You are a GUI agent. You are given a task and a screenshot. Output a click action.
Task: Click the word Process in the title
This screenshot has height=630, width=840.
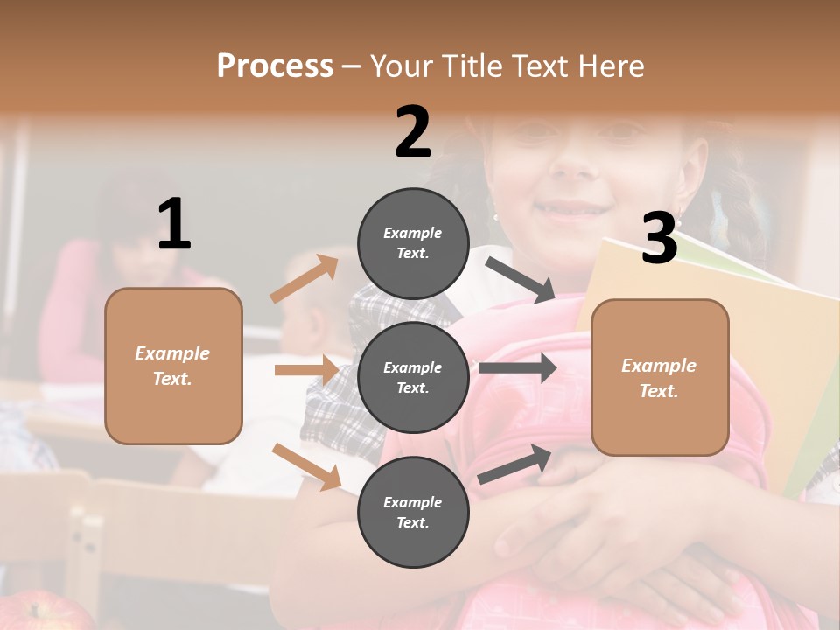275,66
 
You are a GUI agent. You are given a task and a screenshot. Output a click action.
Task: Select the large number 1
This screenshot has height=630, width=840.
174,225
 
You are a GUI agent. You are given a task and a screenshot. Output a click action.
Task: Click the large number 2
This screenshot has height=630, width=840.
413,132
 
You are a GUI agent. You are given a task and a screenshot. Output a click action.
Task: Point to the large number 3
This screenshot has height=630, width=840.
659,238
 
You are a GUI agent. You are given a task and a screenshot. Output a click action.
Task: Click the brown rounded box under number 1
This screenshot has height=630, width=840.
173,366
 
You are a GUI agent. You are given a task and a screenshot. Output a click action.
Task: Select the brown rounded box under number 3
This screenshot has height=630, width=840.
660,377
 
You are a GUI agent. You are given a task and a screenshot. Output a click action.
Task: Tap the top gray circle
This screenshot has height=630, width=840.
413,243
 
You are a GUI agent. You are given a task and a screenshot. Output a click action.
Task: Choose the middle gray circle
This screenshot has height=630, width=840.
413,377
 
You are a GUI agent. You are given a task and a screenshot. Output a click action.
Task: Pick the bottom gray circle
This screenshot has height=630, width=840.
413,512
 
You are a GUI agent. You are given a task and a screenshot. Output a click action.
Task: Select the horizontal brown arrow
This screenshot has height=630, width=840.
306,370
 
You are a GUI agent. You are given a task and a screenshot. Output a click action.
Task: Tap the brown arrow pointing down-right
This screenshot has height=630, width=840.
306,465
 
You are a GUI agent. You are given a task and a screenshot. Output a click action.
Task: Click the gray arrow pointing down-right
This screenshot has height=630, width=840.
520,279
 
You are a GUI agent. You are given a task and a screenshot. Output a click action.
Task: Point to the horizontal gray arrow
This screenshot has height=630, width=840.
517,367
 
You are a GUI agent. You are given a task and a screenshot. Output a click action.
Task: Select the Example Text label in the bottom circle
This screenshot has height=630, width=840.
413,512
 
